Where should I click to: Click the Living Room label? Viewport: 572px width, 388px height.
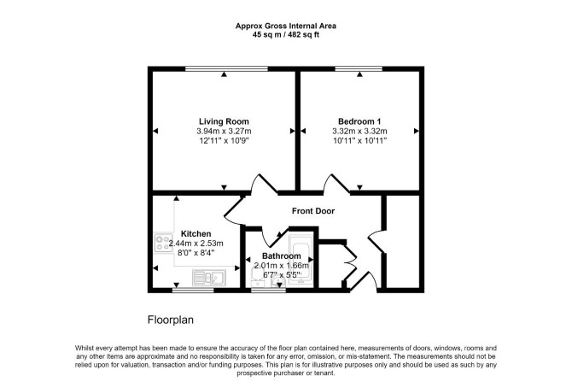coord(224,121)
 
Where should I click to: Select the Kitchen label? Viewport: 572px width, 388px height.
coord(196,234)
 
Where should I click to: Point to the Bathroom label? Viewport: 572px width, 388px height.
coord(282,256)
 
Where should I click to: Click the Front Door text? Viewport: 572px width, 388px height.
coord(313,211)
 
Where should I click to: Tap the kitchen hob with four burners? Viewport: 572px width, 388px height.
coord(164,243)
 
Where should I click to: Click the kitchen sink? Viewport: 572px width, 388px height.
coord(209,278)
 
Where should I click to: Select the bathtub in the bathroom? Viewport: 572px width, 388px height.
coord(301,260)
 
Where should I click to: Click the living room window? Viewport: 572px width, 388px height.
coord(226,68)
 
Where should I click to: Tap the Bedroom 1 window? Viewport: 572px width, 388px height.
coord(359,68)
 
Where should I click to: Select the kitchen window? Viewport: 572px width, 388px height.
coord(193,291)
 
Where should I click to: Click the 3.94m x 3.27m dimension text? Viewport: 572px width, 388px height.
coord(224,131)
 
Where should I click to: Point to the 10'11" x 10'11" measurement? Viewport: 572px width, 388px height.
coord(359,141)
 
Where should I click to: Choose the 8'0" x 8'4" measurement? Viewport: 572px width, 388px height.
coord(196,252)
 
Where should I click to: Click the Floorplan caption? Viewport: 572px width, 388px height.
coord(171,320)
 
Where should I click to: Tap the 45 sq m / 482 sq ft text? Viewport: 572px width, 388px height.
coord(286,35)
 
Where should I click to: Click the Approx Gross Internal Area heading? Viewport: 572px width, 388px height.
coord(286,26)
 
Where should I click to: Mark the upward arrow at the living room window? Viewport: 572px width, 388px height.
coord(224,74)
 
